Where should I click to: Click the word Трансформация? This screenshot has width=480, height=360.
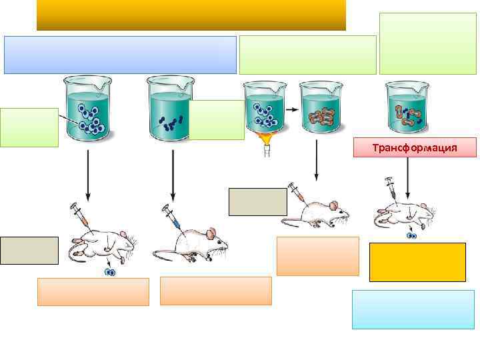point(415,147)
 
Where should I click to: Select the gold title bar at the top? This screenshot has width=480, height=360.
point(191,15)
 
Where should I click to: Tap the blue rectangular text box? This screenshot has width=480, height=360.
point(120,54)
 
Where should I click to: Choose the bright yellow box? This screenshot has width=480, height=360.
point(417,261)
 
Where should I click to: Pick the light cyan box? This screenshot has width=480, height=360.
point(413,309)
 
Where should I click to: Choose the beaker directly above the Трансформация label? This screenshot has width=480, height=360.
point(407,107)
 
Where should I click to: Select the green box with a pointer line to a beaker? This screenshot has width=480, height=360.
point(29,127)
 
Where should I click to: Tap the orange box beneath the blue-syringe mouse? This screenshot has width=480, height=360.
point(215,291)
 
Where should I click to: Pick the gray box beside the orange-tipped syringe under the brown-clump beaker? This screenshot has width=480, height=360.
point(258,202)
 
